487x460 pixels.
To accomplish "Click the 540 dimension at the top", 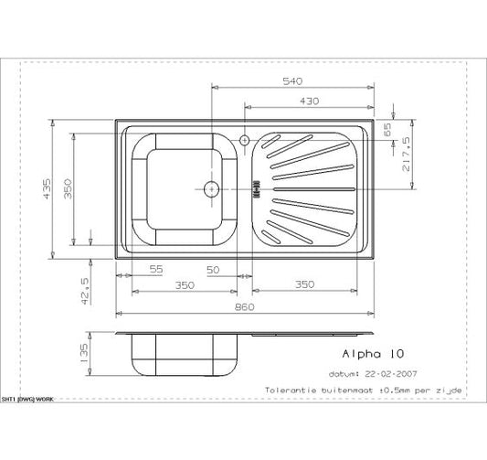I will click(x=292, y=81).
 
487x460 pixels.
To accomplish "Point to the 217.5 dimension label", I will click(x=404, y=153).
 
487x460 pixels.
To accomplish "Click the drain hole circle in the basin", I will click(x=211, y=189).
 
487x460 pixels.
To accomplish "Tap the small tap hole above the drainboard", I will click(x=244, y=140).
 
